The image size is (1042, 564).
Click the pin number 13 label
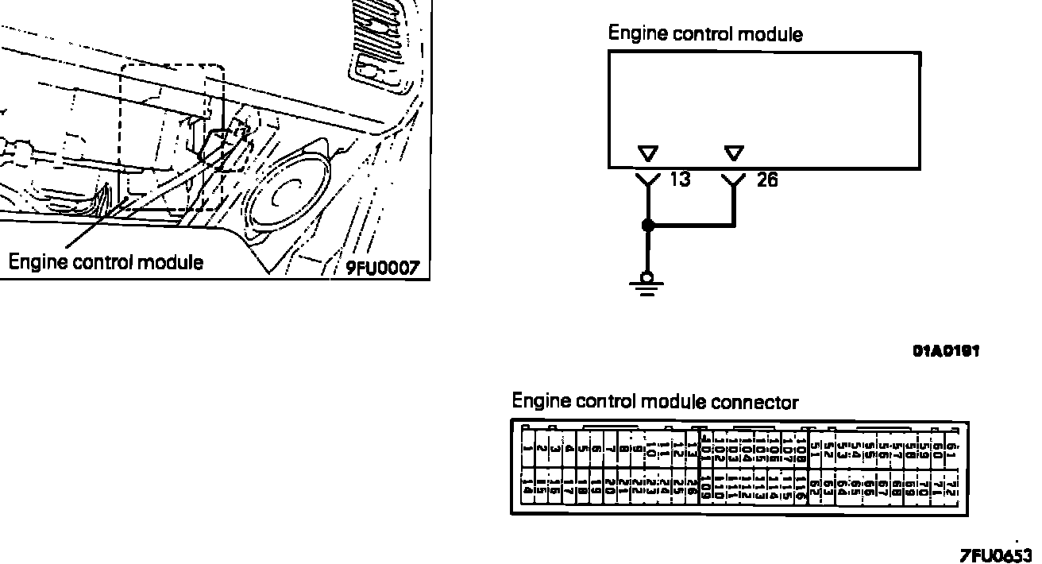click(680, 180)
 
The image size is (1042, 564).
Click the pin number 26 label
click(767, 180)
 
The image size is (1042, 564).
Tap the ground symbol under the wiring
click(648, 284)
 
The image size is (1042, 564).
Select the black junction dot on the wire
click(648, 226)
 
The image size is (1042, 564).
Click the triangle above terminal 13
click(648, 153)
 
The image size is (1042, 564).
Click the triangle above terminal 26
click(735, 153)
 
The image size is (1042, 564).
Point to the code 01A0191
click(945, 350)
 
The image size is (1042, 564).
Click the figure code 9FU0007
click(382, 268)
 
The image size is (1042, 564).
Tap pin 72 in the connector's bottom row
click(953, 486)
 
